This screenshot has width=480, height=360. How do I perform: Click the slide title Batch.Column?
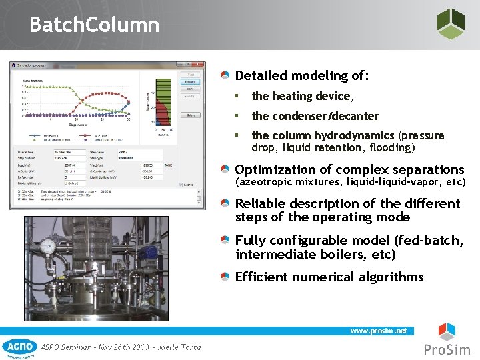[94, 25]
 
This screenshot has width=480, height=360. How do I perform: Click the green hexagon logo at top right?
[450, 24]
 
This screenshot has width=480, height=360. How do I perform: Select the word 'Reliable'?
[261, 203]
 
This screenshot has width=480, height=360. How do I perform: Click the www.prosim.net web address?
[379, 331]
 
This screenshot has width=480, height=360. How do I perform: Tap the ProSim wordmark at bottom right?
[447, 350]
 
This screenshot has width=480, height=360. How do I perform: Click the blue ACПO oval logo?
[19, 346]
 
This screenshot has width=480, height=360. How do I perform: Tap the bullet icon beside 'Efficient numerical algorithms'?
[227, 277]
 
